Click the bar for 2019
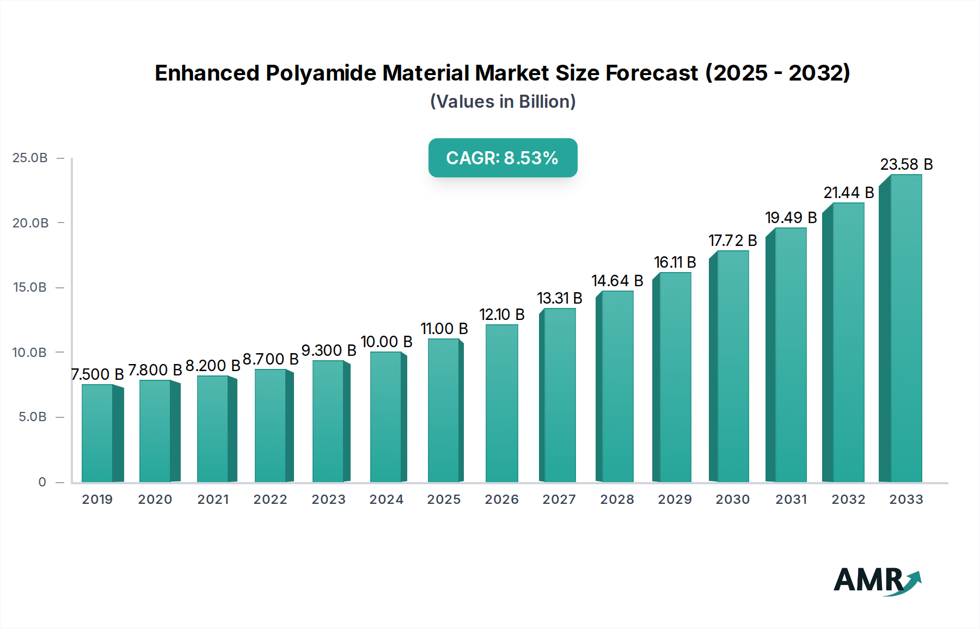tap(98, 434)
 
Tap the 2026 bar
tap(502, 403)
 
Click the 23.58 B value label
tap(906, 164)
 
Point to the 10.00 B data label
tap(387, 342)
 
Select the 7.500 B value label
tap(97, 374)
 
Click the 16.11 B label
tap(675, 262)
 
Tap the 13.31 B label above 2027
tap(560, 298)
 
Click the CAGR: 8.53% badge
tap(503, 158)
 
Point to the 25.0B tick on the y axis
tap(30, 158)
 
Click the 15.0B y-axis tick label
tap(30, 287)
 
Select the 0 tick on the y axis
tap(42, 482)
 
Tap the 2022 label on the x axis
tap(271, 499)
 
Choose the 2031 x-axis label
tap(791, 499)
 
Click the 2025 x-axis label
tap(444, 499)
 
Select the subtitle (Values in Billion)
tap(503, 102)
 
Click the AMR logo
tap(877, 581)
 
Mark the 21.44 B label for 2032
tap(848, 193)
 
